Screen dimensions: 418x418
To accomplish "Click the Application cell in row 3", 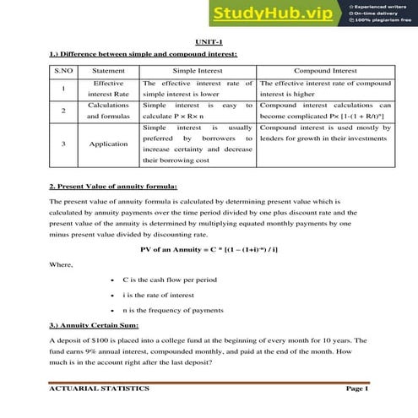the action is (x=108, y=144).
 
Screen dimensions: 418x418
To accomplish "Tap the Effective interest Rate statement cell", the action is (x=108, y=89).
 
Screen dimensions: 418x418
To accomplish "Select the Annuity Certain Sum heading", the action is (x=99, y=325).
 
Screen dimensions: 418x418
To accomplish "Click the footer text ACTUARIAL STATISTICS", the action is (x=100, y=389).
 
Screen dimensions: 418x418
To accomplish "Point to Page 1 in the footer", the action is (x=357, y=389).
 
